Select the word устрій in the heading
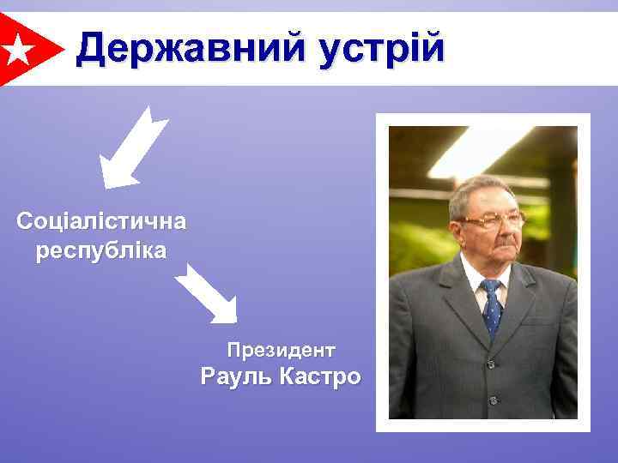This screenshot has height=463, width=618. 382,49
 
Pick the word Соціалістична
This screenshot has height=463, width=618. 101,221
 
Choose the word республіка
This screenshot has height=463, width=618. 101,251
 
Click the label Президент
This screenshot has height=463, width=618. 281,350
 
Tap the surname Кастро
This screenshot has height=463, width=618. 318,376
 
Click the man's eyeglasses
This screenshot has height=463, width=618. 493,220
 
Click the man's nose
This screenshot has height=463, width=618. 500,230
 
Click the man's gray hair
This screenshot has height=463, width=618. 481,189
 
